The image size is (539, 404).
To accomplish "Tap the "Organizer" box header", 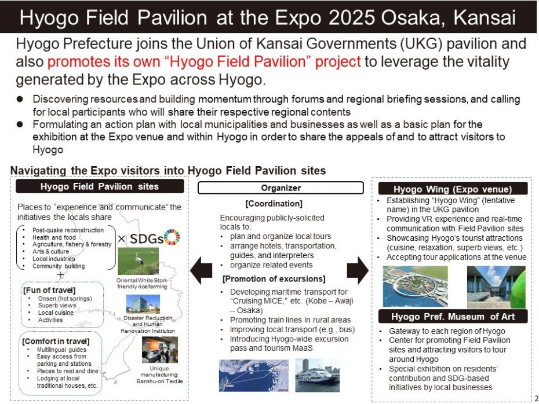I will (x=281, y=188).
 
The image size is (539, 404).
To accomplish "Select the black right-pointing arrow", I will (x=358, y=269).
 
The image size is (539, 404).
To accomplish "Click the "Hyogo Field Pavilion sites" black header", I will (x=100, y=186).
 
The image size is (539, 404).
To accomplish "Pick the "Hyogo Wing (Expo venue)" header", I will (x=453, y=189).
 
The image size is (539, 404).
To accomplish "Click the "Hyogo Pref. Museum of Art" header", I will (x=453, y=316).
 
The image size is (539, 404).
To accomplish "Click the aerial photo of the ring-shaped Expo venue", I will (x=416, y=286).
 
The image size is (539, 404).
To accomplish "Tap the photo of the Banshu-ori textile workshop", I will (x=159, y=348).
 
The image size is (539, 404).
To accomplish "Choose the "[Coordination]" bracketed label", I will (x=274, y=204).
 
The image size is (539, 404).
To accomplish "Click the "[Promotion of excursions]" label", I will (x=274, y=278).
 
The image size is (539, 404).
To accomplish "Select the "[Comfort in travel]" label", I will (x=56, y=341).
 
